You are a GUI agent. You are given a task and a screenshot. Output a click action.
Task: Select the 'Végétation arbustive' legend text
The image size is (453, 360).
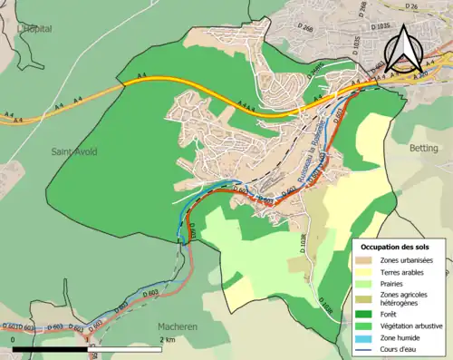(413, 325)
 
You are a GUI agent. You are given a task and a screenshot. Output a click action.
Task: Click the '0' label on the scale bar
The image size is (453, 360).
(13, 339)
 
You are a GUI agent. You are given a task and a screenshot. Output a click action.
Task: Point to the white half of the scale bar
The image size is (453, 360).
(126, 347)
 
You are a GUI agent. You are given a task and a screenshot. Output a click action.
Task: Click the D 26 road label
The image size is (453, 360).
(413, 8)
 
